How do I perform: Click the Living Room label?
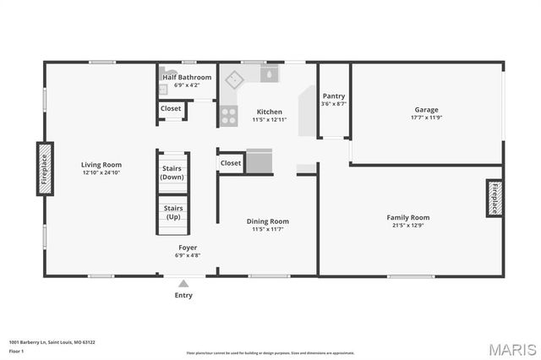[101, 165]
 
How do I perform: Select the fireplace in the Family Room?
[495, 199]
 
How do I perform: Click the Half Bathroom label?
[188, 77]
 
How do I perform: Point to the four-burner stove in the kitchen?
[228, 116]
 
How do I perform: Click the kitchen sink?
[269, 74]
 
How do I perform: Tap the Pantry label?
[335, 96]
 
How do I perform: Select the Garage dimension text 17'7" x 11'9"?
[427, 117]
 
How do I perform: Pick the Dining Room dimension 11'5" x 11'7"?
[267, 229]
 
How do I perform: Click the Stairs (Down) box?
[172, 173]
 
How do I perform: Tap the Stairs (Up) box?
[172, 212]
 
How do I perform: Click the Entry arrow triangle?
[183, 283]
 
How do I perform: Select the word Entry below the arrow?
[183, 295]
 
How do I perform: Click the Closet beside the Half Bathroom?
[171, 108]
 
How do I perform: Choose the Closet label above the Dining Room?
[231, 162]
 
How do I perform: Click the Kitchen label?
[270, 112]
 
